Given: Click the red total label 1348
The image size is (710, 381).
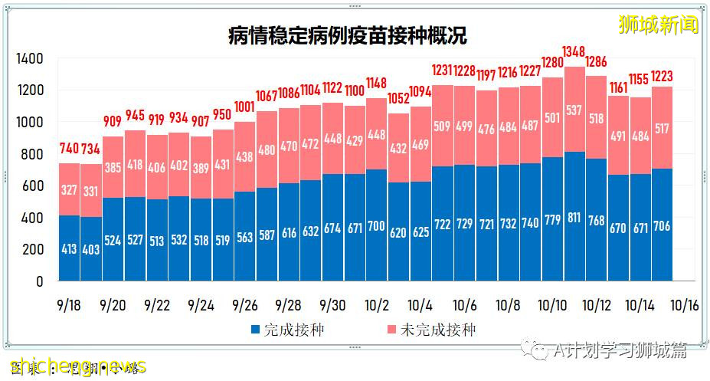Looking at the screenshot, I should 574,51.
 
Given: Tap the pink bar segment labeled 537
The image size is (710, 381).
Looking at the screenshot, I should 574,110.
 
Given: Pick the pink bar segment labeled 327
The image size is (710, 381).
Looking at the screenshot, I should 70,189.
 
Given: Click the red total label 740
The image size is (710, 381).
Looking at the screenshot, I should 70,149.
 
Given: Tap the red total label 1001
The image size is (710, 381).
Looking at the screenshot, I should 245,107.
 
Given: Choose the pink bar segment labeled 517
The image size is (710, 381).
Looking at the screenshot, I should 663,128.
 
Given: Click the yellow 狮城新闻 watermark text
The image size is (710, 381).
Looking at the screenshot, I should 658,25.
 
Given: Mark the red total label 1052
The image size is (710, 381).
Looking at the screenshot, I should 398,99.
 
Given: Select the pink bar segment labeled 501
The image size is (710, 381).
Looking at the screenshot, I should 552,117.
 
